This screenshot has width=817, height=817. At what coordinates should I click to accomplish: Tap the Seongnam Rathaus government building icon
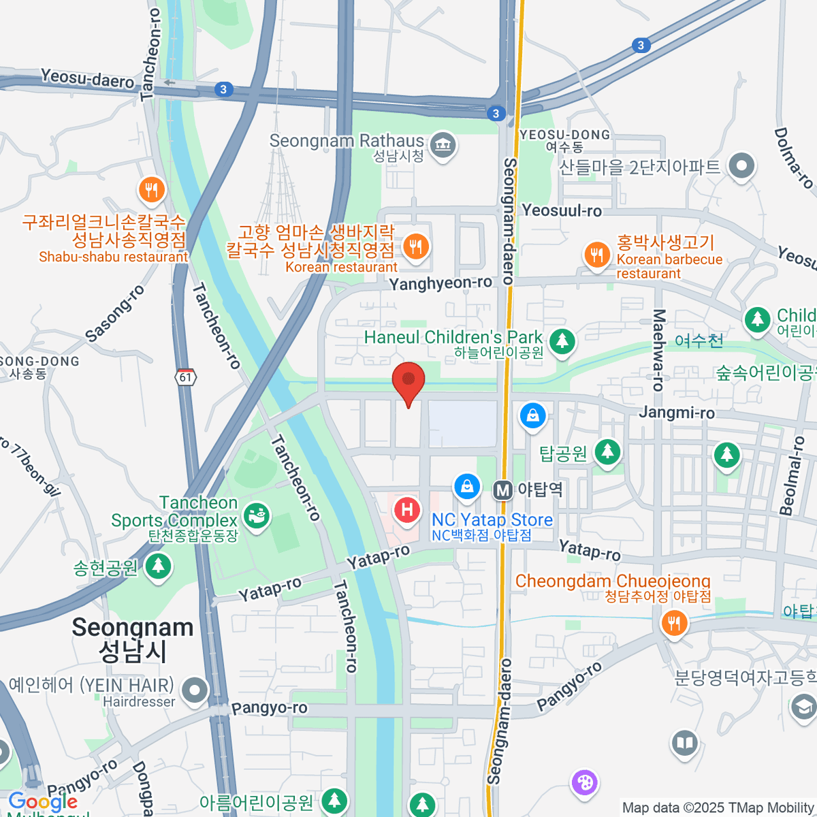(443, 144)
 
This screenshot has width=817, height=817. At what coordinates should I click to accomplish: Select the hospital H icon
(407, 509)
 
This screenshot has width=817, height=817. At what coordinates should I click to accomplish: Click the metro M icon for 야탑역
(502, 490)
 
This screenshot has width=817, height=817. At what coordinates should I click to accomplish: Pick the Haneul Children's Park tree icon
(562, 340)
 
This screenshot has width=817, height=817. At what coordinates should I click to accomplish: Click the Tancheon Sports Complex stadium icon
(257, 516)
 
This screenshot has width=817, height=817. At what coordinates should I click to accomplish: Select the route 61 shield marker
(186, 377)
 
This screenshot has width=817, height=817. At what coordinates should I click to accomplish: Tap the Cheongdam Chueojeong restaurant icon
(673, 622)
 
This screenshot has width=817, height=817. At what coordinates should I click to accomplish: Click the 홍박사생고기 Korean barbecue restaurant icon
(597, 255)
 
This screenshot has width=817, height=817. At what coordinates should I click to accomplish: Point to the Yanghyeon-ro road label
(440, 283)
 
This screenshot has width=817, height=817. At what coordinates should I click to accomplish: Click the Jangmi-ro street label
(677, 413)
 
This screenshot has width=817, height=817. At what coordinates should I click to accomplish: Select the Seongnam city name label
(133, 639)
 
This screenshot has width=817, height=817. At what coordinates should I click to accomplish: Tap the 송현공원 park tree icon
(158, 566)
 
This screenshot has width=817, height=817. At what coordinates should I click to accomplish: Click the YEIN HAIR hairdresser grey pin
(195, 690)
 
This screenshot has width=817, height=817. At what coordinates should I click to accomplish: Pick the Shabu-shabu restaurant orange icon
(151, 190)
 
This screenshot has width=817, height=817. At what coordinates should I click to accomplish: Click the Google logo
(43, 801)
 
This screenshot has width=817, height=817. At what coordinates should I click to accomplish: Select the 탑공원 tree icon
(607, 451)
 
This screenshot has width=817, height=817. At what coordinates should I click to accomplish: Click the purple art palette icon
(584, 782)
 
